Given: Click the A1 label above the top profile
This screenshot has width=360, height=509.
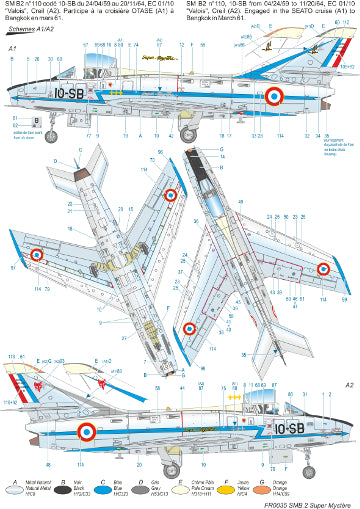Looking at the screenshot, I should (x=11, y=76).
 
